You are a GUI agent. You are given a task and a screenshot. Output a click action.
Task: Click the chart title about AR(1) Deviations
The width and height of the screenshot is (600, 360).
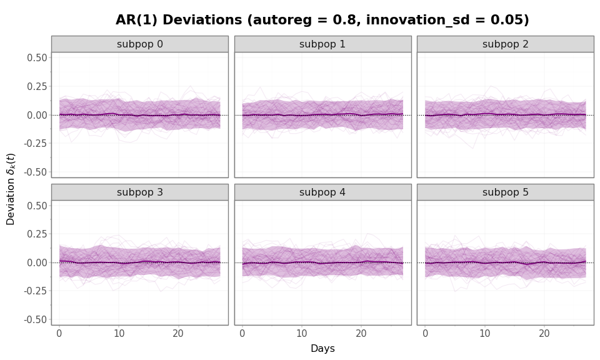(x=322, y=20)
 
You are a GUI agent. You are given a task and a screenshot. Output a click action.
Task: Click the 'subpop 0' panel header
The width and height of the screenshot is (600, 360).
(x=139, y=44)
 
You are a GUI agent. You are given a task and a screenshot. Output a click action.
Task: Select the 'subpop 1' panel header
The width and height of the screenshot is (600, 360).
(x=322, y=44)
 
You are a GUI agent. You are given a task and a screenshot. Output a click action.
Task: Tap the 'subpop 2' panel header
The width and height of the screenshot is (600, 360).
(x=505, y=44)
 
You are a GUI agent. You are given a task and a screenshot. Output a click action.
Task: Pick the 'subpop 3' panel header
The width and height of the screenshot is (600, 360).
(x=139, y=192)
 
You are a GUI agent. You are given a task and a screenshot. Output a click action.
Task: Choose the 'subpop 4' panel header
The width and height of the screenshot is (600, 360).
(x=322, y=192)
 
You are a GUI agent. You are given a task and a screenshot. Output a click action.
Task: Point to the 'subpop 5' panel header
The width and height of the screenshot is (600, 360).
(x=505, y=192)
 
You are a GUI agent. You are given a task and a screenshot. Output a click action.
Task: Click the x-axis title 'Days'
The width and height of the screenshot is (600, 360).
(x=322, y=349)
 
